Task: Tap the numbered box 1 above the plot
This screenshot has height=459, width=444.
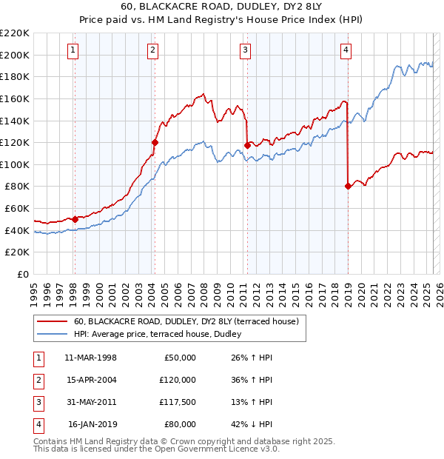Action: (x=74, y=50)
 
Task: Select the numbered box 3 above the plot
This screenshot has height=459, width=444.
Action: (x=245, y=50)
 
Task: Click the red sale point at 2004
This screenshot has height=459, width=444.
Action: (x=155, y=142)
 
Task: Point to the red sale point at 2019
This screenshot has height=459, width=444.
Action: (x=348, y=186)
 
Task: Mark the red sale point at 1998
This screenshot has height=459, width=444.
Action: (x=75, y=219)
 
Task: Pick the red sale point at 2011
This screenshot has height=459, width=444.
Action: (x=248, y=145)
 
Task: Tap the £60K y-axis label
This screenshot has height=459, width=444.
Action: (x=18, y=209)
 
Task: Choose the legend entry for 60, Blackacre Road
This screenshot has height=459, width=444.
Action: (x=186, y=321)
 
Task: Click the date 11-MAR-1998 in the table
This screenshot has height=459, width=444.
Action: (x=91, y=358)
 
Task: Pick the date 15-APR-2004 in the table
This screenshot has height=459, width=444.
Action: (x=91, y=380)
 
